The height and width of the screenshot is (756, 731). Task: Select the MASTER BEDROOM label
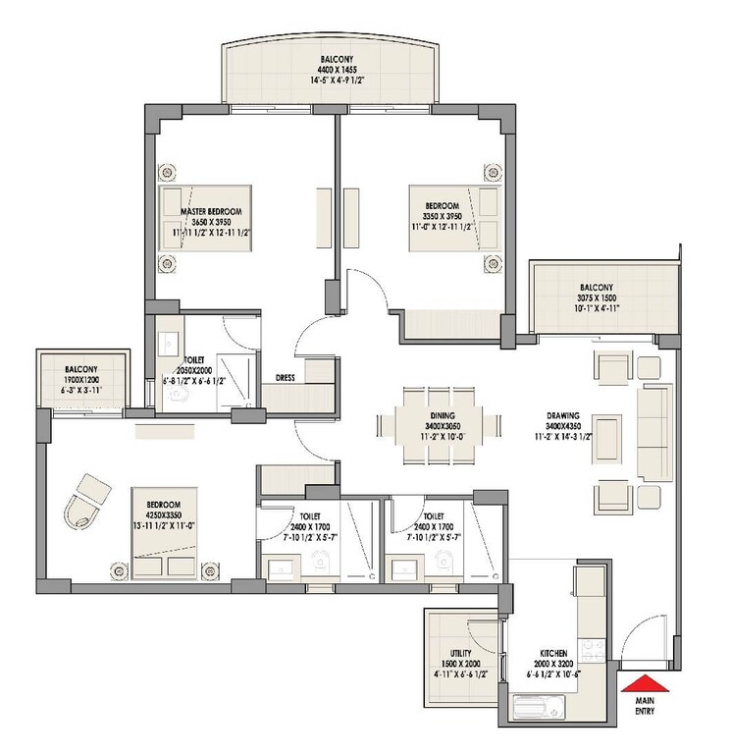pos(210,211)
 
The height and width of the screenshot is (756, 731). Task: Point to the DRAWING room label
pos(566,415)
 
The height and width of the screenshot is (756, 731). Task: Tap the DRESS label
pos(287,376)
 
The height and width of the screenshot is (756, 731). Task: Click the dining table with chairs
pos(430,424)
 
